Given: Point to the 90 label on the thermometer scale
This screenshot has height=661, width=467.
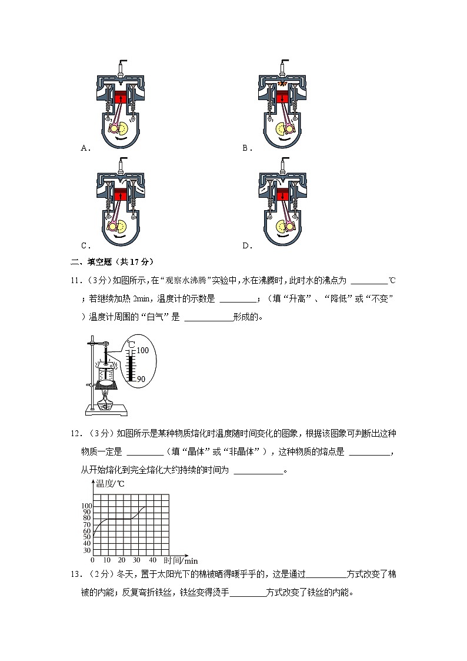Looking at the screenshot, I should (141, 379).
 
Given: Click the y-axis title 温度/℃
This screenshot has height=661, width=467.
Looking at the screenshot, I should (110, 484).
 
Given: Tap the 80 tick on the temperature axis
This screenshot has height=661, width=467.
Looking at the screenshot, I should (87, 518).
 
